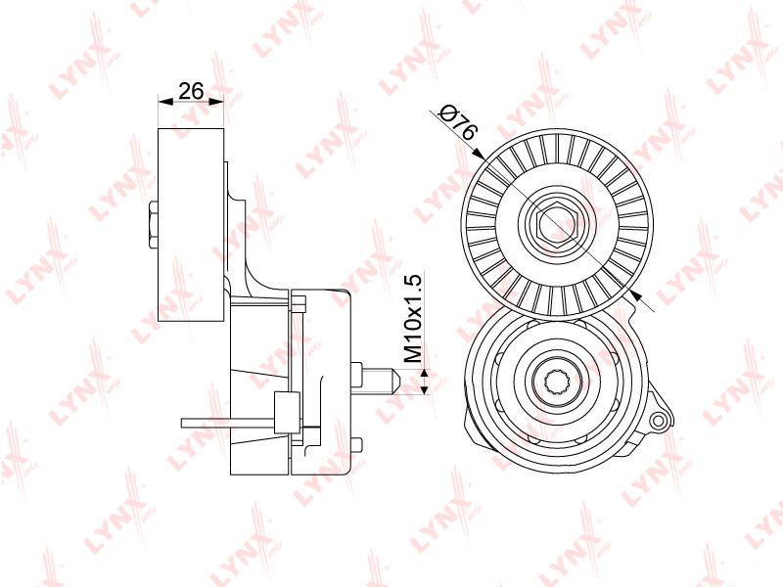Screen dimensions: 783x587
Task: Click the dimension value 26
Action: pyautogui.click(x=191, y=91)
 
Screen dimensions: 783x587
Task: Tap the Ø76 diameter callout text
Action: pyautogui.click(x=458, y=122)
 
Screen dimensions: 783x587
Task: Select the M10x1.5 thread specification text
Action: pyautogui.click(x=413, y=318)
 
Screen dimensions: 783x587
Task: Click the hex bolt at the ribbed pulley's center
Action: pyautogui.click(x=557, y=225)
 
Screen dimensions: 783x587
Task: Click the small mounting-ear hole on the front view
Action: pyautogui.click(x=658, y=420)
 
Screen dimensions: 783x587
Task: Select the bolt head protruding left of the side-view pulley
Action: pyautogui.click(x=154, y=225)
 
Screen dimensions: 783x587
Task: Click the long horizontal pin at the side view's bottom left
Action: pyautogui.click(x=228, y=424)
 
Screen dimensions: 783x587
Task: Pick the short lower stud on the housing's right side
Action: pyautogui.click(x=356, y=445)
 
